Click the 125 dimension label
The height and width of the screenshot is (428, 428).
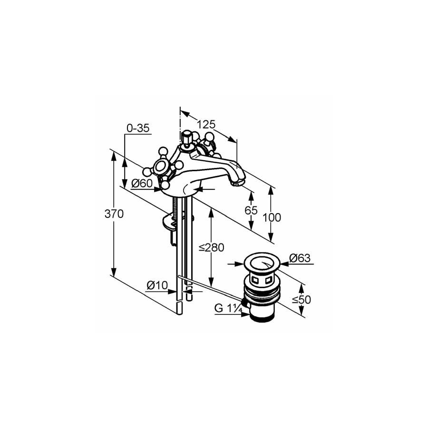click(206, 124)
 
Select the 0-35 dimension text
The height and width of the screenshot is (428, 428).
click(138, 128)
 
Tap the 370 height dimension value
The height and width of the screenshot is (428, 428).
click(114, 214)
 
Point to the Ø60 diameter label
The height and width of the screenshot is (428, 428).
click(142, 184)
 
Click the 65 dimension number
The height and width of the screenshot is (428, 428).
click(251, 210)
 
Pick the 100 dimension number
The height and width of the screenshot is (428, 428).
click(272, 217)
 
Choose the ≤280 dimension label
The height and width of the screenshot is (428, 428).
click(212, 247)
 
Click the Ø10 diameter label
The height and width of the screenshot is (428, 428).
click(157, 285)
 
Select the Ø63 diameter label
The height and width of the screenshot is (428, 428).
click(300, 258)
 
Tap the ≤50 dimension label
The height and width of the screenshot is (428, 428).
click(302, 300)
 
